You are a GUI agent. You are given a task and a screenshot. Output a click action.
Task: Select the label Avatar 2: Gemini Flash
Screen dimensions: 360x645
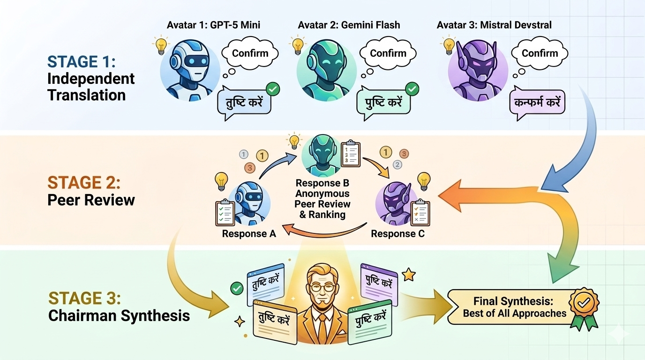349,25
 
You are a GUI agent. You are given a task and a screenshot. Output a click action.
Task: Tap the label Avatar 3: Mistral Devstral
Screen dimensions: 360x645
494,25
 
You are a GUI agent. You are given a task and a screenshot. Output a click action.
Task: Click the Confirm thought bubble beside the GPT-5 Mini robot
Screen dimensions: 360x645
250,53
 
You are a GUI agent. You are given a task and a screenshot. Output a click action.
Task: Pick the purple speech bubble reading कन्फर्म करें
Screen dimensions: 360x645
537,102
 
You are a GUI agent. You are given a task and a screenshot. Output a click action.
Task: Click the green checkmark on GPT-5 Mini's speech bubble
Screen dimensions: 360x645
272,89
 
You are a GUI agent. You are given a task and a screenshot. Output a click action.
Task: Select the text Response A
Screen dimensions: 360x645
249,233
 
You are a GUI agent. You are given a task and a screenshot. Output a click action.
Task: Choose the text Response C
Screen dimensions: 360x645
397,233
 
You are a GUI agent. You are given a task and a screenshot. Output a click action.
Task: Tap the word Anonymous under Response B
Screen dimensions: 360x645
322,193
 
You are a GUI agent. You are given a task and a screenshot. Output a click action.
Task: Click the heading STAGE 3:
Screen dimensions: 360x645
85,298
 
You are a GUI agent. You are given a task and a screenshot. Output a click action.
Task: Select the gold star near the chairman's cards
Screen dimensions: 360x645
409,275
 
